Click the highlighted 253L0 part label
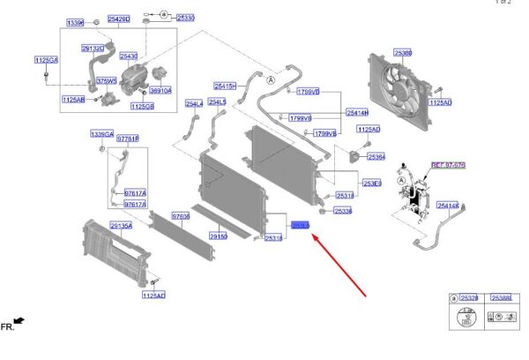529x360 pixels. (302, 227)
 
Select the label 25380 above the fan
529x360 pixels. (404, 53)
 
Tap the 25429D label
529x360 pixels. (118, 18)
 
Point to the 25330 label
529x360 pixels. (185, 17)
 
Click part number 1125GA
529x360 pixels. (46, 59)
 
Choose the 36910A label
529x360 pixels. (160, 90)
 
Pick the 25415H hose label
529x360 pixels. (225, 86)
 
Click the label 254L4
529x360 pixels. (193, 103)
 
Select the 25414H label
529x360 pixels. (357, 112)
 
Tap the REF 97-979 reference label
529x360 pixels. (447, 165)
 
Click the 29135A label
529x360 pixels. (121, 226)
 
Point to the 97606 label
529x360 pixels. (181, 215)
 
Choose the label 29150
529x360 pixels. (218, 236)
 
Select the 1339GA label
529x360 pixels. (102, 134)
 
